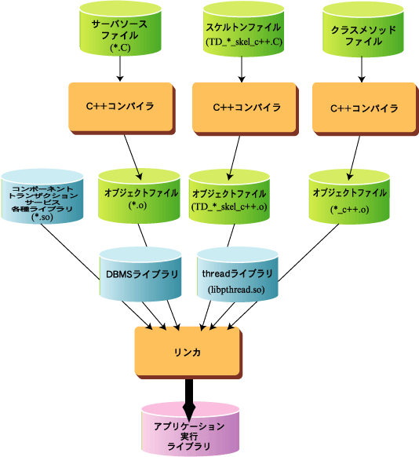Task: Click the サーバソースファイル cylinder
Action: tap(120, 28)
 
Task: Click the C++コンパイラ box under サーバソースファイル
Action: tap(122, 108)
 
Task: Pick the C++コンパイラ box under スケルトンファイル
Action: tap(246, 108)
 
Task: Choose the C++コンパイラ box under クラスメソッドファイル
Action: tap(366, 108)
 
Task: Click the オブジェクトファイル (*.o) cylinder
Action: tap(139, 196)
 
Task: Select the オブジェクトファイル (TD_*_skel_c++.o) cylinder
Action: tap(229, 197)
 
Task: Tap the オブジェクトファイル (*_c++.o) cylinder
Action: tap(349, 197)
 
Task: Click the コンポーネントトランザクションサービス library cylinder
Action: tap(42, 196)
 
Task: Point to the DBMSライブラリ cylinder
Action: tap(140, 274)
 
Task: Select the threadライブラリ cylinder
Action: tap(237, 274)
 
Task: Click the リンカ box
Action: tap(188, 353)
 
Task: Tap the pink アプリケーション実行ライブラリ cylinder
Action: tap(190, 430)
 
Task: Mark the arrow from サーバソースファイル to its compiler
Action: tap(120, 68)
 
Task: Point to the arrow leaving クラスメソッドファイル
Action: tap(362, 69)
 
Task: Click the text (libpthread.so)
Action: tap(236, 290)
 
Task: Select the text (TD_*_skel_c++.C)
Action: tap(244, 42)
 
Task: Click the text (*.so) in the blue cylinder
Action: tap(42, 218)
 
